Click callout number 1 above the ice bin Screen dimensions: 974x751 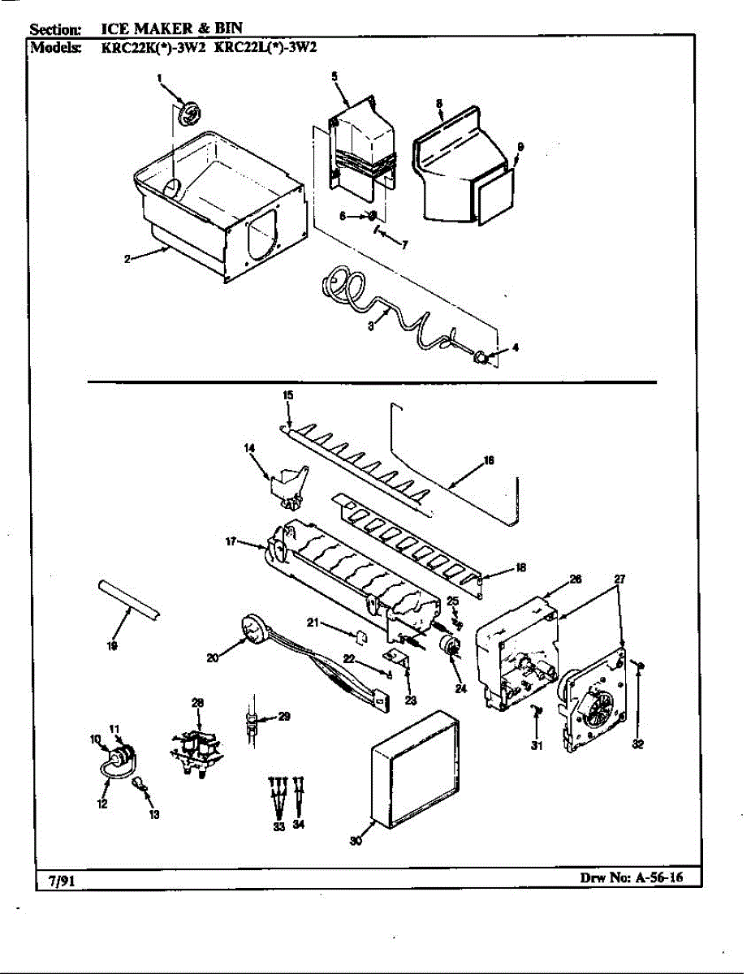(160, 78)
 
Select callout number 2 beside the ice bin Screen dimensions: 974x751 (128, 259)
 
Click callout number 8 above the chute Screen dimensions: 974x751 (438, 103)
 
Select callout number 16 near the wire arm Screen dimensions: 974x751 (489, 460)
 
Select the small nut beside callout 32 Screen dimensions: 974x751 (641, 666)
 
